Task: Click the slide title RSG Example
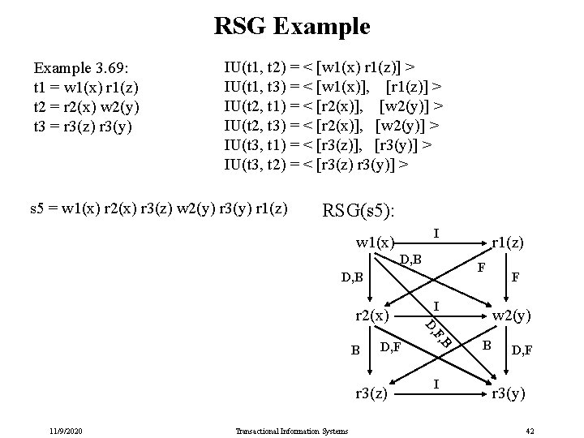tap(292, 26)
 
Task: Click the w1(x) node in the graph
tap(376, 243)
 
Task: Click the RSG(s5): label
tap(360, 211)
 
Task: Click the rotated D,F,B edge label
tap(438, 333)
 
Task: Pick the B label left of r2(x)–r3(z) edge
tap(354, 350)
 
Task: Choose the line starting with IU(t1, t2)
tap(321, 64)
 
